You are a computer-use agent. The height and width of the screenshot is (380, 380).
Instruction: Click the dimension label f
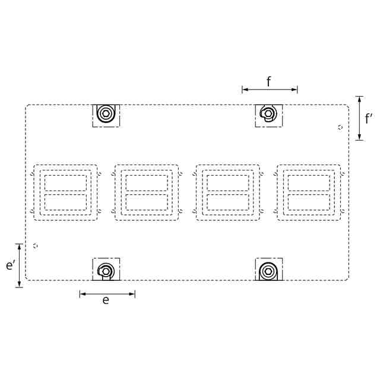[268, 81]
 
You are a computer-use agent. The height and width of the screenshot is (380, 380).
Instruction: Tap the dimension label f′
[368, 119]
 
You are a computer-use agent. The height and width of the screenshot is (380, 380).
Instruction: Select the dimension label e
[106, 300]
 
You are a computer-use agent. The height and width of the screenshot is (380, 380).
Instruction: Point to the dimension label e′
[11, 265]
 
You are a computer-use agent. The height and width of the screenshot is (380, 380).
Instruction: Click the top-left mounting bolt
[106, 113]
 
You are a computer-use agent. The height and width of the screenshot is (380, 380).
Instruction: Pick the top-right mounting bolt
[268, 113]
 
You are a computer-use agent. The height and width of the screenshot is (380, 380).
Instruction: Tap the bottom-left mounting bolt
[106, 272]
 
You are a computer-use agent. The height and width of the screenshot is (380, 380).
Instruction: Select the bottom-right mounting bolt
[268, 271]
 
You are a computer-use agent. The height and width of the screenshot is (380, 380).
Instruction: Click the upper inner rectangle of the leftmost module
[65, 175]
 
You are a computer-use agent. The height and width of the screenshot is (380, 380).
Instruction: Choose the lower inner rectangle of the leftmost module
[65, 194]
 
